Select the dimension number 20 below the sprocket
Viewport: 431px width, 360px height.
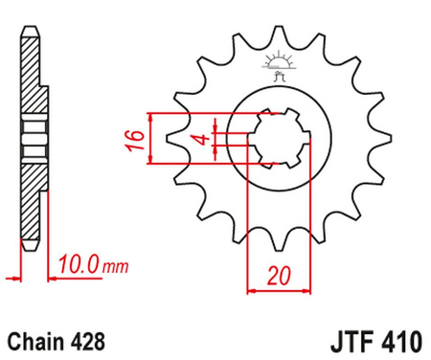click(278, 275)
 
